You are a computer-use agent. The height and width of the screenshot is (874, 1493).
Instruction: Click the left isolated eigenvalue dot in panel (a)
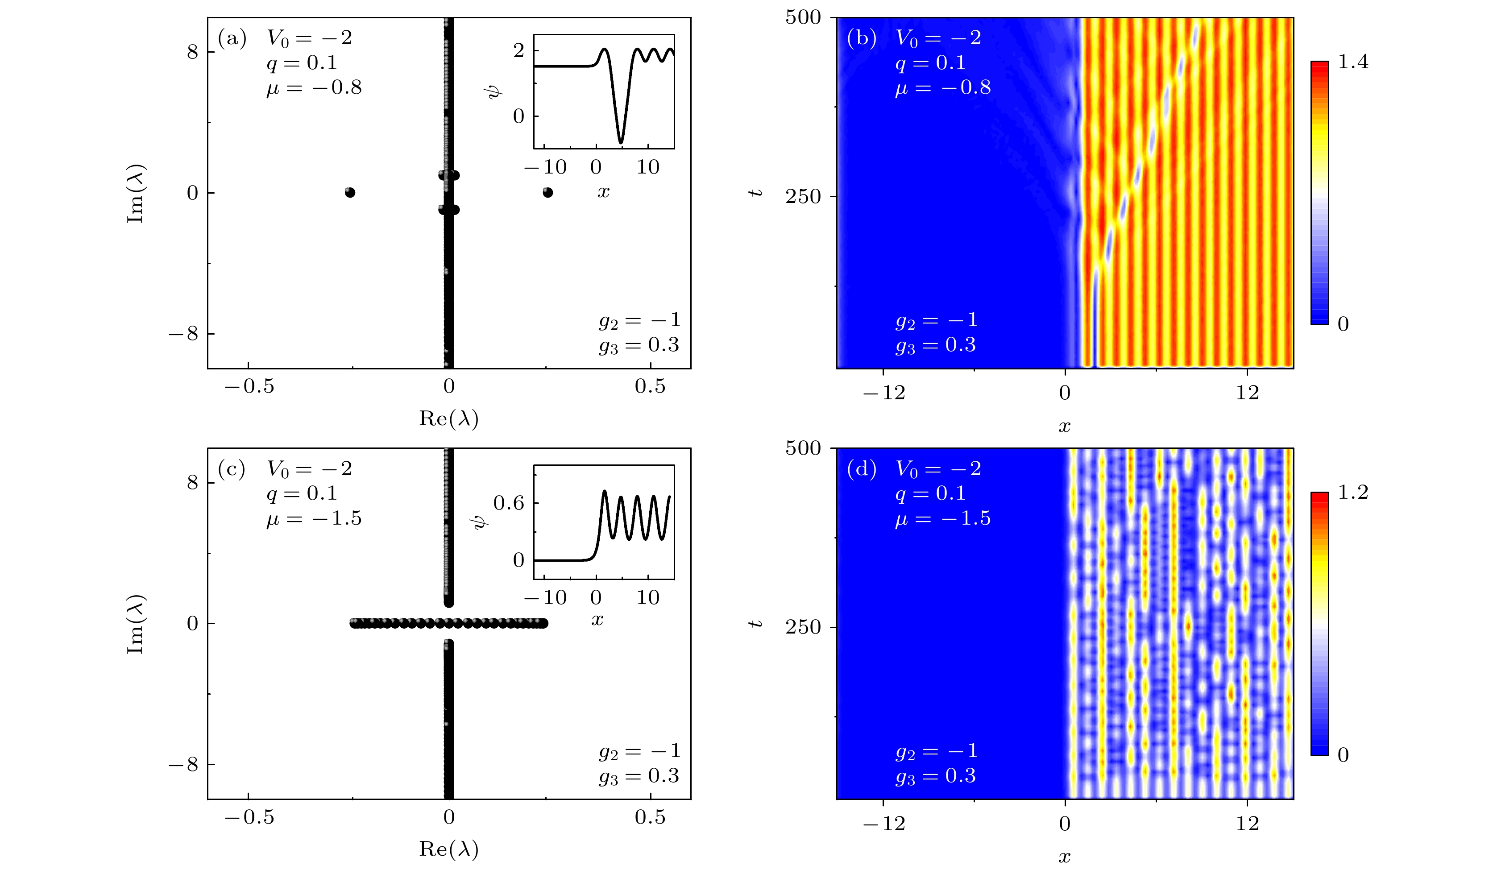pos(350,193)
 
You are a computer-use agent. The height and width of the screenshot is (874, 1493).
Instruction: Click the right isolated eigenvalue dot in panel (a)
pos(548,193)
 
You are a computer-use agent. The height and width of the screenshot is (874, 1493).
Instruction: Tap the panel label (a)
pos(232,38)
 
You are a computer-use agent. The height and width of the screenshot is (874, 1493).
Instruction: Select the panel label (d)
pos(862,469)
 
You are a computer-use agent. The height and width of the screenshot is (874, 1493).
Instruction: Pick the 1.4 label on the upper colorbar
pos(1353,62)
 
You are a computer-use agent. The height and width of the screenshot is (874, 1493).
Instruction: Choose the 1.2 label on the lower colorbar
pos(1353,493)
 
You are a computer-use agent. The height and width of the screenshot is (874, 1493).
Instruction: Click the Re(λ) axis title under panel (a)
pos(448,419)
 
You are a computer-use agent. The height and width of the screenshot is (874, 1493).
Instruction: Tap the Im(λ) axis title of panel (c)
pos(136,624)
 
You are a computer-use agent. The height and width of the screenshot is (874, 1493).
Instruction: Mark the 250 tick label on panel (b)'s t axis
pos(803,196)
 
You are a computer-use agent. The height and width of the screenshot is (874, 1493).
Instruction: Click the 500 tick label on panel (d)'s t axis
pos(803,448)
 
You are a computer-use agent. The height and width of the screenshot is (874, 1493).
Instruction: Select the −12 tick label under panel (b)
pos(883,393)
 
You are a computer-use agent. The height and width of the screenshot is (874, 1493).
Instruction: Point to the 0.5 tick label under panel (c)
pos(650,818)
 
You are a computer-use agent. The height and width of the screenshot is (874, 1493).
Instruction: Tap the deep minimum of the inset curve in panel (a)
pos(621,142)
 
